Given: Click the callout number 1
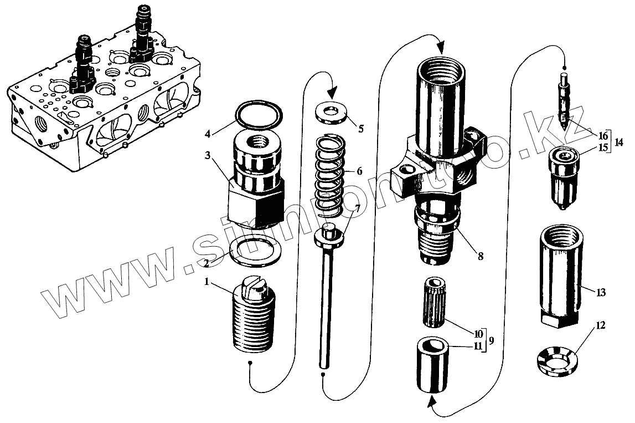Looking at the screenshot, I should pos(206,282).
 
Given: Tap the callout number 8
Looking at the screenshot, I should pos(480,256).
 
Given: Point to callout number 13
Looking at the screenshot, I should pos(601,292).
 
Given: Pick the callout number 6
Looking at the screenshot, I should pos(359,172).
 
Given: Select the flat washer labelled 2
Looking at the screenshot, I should pos(253,251).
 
